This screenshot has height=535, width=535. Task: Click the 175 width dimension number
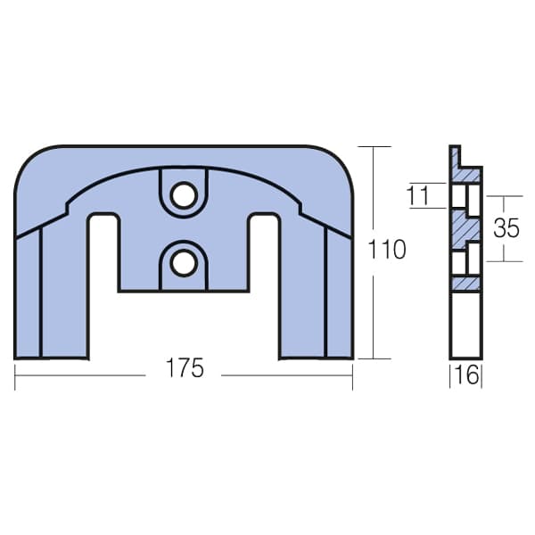tap(185, 368)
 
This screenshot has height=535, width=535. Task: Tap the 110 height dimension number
tap(387, 249)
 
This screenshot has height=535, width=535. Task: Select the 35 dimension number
tap(506, 228)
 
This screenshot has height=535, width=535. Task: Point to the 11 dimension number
tap(417, 196)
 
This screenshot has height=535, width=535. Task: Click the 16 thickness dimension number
tap(466, 375)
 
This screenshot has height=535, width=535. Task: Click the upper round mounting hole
tap(184, 195)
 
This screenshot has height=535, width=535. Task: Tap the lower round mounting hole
tap(184, 263)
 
